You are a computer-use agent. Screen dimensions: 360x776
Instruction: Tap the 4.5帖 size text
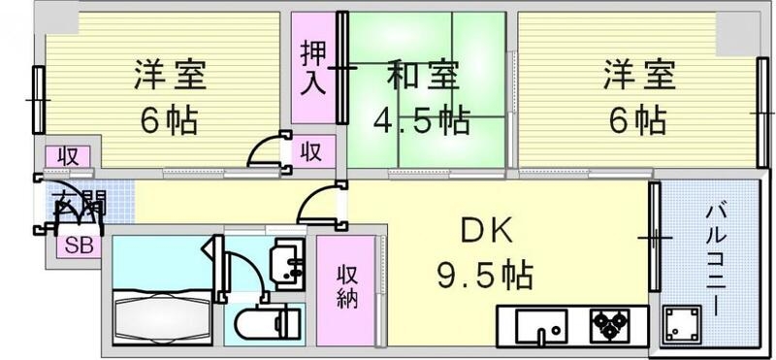coord(423,120)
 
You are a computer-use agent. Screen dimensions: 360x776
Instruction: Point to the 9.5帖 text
coord(482,276)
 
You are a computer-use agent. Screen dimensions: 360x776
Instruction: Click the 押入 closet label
coord(311,67)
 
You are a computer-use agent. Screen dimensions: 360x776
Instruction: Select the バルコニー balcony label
coord(714,257)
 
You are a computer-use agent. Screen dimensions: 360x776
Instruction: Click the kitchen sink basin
coord(543,324)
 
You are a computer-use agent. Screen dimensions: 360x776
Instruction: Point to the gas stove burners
coord(609,324)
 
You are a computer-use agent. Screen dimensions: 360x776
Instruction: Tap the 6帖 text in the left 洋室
coord(169,120)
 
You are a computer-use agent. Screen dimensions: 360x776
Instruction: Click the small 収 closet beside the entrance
coord(68,155)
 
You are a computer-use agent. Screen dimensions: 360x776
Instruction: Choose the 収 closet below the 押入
coord(311,151)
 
